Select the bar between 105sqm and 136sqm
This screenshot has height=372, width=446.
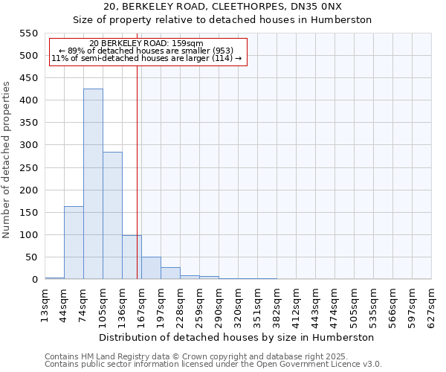[x=112, y=216]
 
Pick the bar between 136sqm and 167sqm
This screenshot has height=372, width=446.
[x=132, y=257]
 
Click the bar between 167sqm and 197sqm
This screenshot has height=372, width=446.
[x=151, y=269]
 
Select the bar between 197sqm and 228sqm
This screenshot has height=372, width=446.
[x=170, y=274]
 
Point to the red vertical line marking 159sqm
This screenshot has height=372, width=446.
[x=138, y=171]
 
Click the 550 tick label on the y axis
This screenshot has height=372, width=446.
[x=28, y=33]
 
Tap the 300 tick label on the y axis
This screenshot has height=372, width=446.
[x=28, y=145]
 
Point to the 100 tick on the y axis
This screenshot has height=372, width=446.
[x=28, y=235]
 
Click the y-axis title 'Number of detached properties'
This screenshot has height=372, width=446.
[x=7, y=160]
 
